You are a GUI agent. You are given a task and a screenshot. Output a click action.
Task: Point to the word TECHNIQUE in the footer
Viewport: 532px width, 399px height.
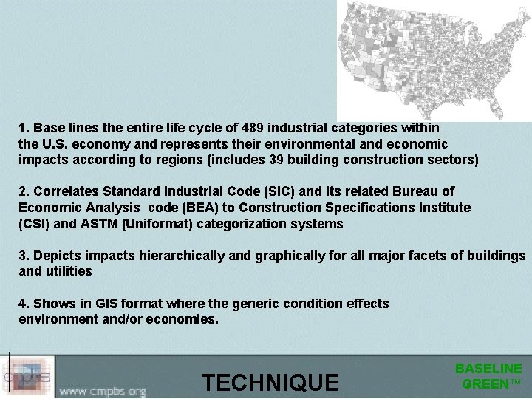pyautogui.click(x=270, y=383)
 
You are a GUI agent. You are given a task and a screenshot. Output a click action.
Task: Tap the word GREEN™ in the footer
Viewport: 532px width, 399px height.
pyautogui.click(x=491, y=383)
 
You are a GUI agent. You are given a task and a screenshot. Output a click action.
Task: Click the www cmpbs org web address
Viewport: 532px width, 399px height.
pyautogui.click(x=103, y=390)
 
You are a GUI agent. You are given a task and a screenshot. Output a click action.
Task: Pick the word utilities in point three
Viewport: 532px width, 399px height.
pyautogui.click(x=68, y=270)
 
